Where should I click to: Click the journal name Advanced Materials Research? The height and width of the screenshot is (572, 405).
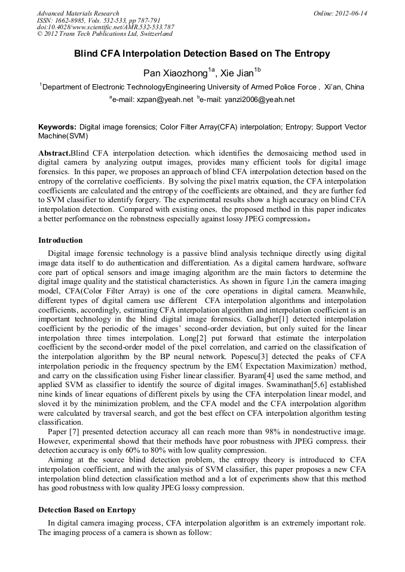point(78,13)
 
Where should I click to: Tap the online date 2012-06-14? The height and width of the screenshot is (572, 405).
point(349,13)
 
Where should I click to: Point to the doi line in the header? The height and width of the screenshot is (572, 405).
point(105,27)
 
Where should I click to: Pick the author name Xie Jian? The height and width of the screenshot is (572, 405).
point(237,73)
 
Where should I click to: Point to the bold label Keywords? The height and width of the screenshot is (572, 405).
point(57,127)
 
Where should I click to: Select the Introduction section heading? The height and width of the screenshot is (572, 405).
point(60,240)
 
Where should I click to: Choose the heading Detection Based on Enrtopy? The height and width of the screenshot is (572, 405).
point(87,510)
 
